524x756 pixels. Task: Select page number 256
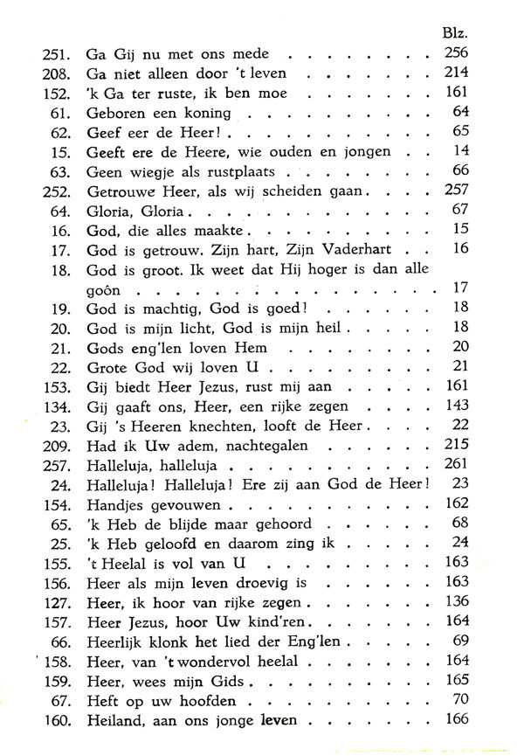pos(456,54)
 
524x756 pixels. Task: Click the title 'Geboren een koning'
pos(158,113)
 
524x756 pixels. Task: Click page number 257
pos(456,191)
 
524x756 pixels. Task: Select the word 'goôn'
pos(103,288)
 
